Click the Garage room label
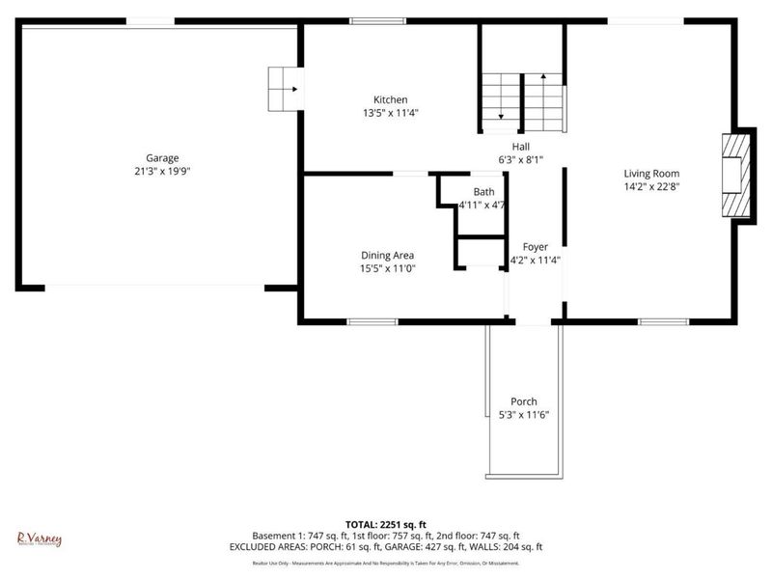pos(162,158)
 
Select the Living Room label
pos(653,174)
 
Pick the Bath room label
pos(483,192)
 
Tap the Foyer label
pos(536,247)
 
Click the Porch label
pos(524,401)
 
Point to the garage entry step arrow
pos(286,90)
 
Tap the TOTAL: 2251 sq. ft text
pos(386,524)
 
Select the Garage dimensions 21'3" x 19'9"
pos(162,172)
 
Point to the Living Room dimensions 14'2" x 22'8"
pos(653,187)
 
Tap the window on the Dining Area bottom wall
pos(372,320)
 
